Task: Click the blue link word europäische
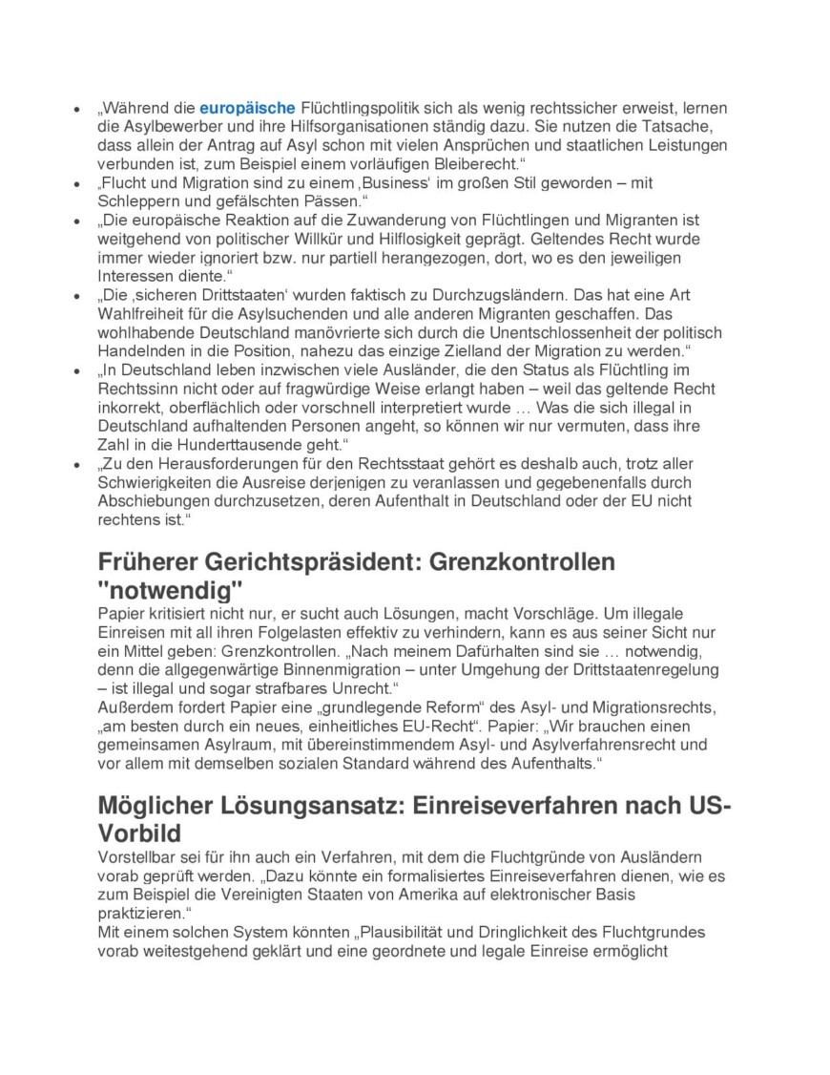click(247, 107)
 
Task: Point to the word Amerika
click(459, 894)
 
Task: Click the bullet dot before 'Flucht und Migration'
click(76, 182)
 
